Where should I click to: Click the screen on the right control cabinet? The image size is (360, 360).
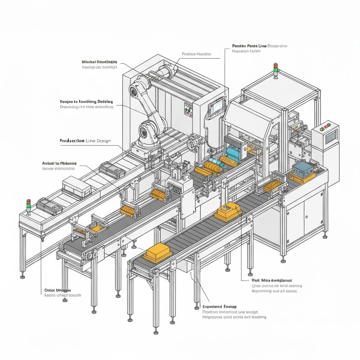331,136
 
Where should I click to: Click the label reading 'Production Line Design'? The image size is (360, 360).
85,141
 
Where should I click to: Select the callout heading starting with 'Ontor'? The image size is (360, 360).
58,290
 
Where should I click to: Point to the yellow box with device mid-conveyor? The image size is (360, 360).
227,212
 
